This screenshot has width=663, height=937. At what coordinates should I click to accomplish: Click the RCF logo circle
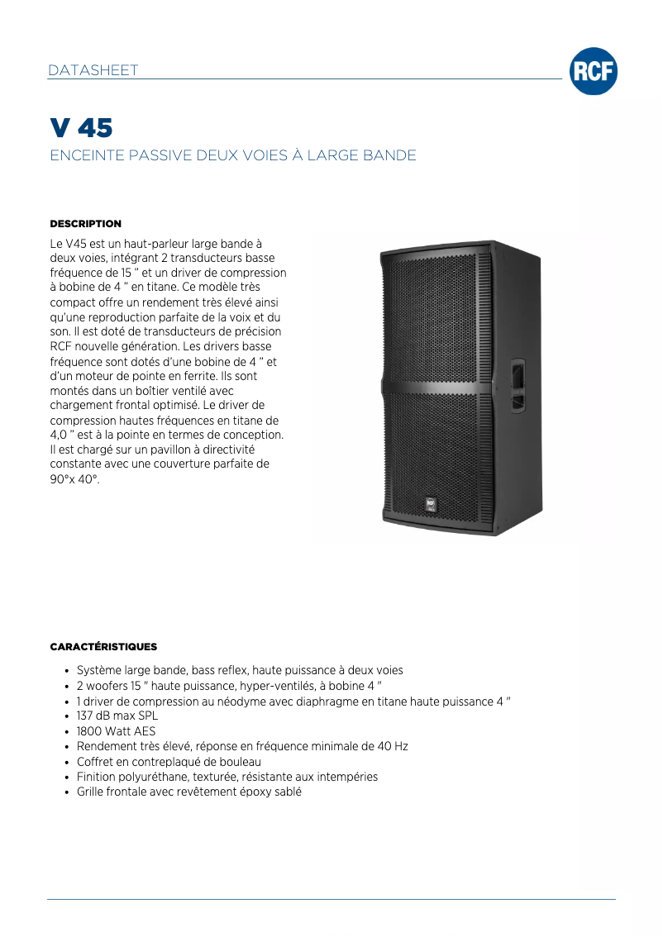593,72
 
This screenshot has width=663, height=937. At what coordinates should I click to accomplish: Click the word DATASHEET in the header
93,70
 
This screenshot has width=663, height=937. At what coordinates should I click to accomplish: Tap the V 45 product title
81,128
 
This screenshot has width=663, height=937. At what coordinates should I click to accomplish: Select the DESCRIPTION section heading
86,224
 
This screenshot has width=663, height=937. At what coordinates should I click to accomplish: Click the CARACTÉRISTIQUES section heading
103,646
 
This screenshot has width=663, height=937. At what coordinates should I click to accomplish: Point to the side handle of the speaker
518,385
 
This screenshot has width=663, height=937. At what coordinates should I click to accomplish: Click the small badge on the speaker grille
431,502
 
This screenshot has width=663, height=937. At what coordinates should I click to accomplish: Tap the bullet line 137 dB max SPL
117,716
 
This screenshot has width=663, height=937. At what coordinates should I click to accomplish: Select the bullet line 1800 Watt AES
116,731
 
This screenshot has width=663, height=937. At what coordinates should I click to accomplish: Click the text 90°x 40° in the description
74,479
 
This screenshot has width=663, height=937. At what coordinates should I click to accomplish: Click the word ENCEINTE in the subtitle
87,155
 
